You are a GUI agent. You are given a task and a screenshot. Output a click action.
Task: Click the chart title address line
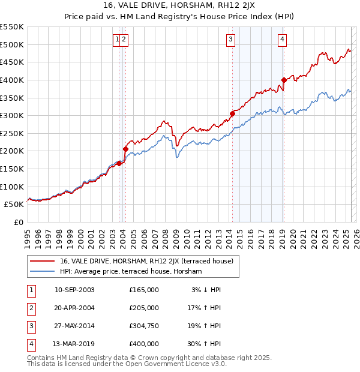point(179,7)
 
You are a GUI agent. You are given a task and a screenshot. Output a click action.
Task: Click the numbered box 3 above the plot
point(230,40)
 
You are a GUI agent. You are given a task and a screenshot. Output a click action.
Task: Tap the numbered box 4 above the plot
point(282,40)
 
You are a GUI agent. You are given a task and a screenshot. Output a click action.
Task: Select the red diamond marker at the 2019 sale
point(284,80)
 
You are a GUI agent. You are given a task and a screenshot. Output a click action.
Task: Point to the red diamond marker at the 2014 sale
point(232,113)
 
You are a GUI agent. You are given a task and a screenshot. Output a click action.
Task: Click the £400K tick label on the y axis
point(12,80)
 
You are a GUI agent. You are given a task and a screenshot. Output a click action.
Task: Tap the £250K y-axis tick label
point(12,151)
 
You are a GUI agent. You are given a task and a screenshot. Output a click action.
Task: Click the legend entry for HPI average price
point(131,271)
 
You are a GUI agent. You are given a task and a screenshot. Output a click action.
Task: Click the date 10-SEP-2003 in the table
point(74,290)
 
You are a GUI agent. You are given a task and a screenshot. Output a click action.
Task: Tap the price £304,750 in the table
point(144,326)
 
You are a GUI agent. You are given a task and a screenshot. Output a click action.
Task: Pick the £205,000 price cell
point(144,308)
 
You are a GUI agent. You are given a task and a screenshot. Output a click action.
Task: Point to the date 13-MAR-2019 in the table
point(74,344)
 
